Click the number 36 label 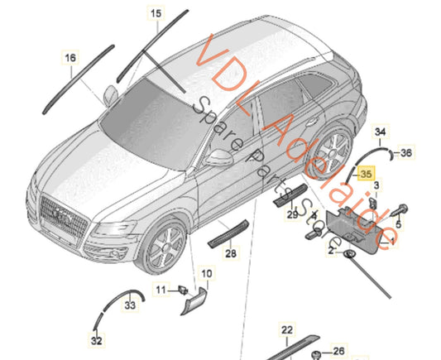tap(406, 153)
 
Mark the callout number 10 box tap(207, 272)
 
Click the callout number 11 tap(161, 290)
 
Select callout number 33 tap(130, 306)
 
